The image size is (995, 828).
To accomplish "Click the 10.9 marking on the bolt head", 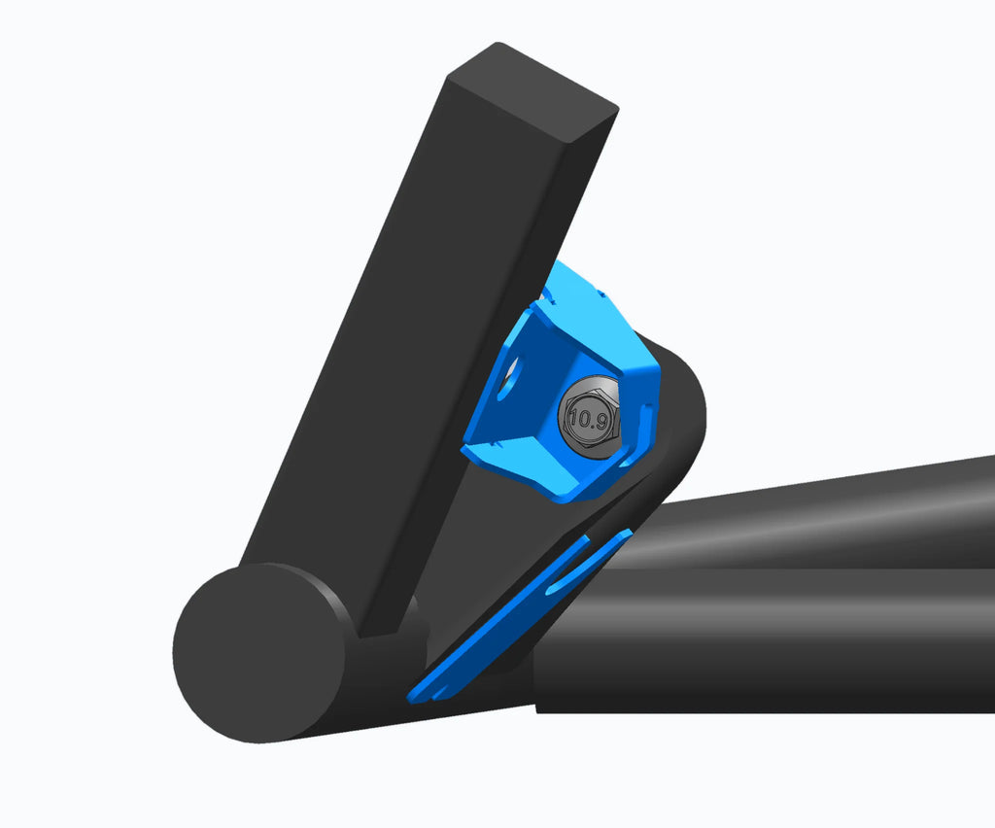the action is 588,420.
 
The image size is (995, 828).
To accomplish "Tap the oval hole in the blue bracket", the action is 509,378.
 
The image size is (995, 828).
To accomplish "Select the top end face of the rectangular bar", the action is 532,89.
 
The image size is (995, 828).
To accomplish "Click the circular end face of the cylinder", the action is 258,652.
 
